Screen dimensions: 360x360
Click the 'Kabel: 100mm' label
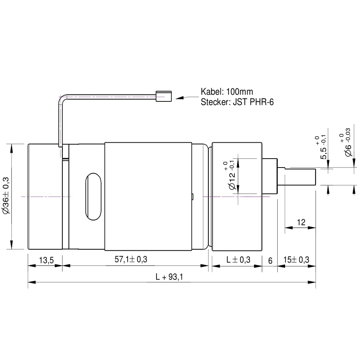click(x=227, y=91)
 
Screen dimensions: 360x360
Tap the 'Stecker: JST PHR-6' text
click(x=237, y=102)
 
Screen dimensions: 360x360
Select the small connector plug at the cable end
click(x=164, y=96)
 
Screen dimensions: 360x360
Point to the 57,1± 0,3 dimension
click(x=131, y=260)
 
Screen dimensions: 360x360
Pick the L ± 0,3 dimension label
click(x=238, y=260)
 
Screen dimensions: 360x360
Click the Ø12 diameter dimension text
click(x=230, y=176)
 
